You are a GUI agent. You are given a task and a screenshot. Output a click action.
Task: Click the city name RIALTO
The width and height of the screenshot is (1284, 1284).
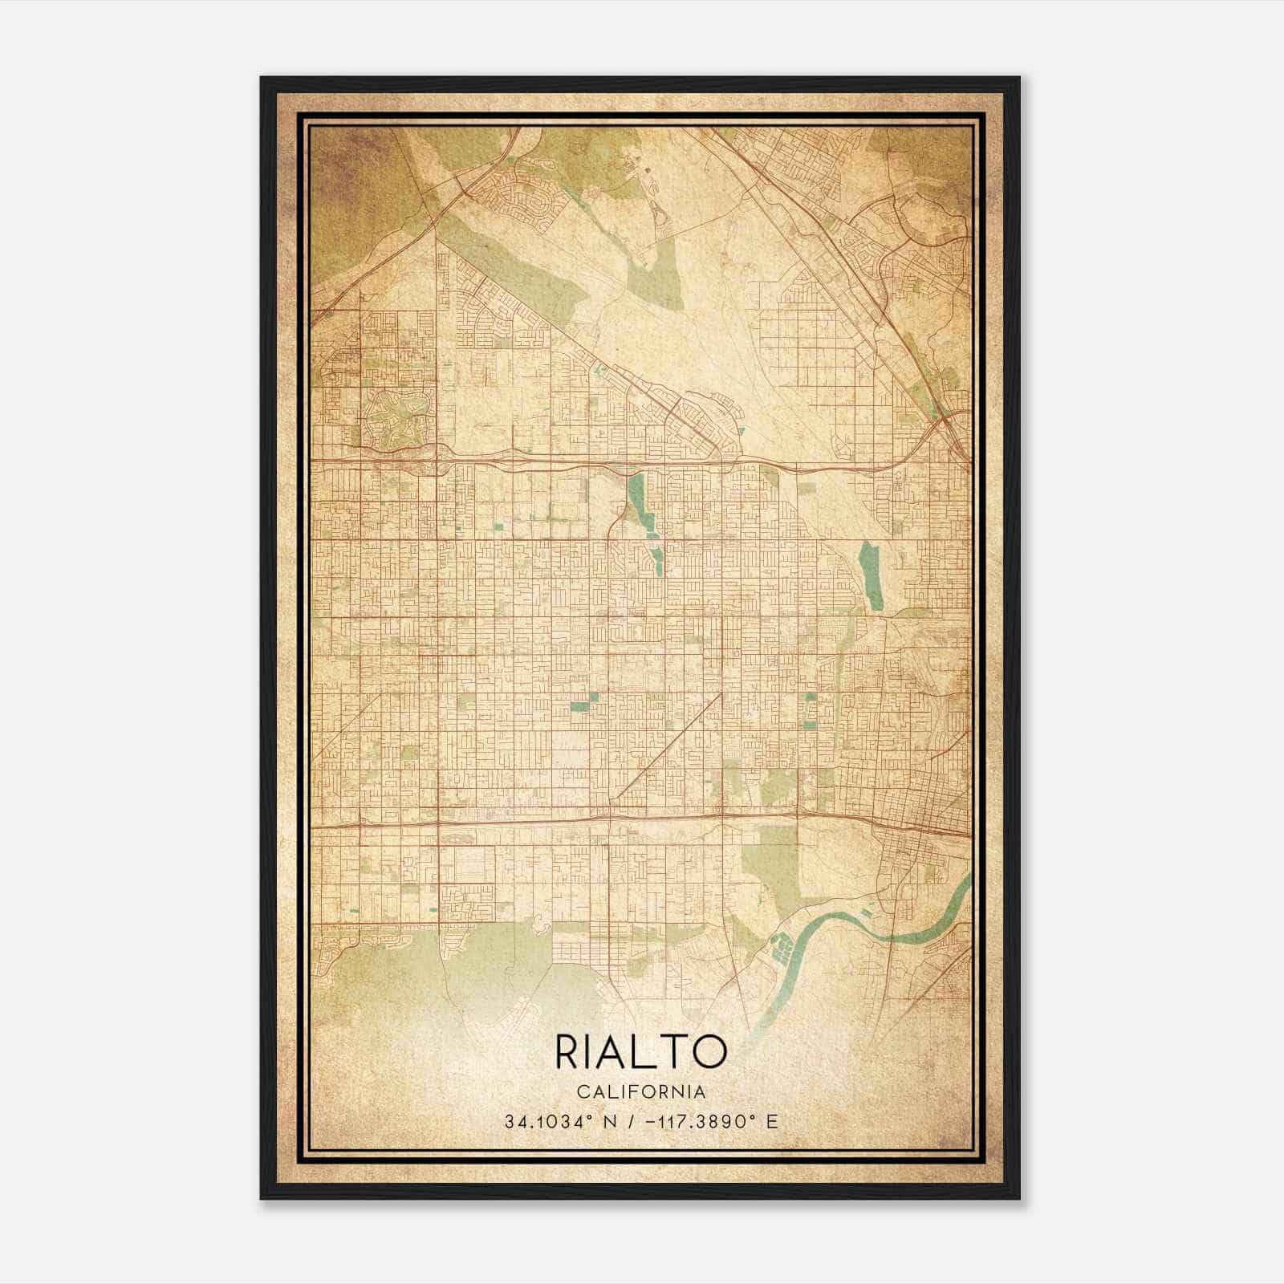coord(640,1052)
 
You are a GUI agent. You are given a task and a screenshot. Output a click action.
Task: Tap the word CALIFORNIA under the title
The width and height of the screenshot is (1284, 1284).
coord(640,1092)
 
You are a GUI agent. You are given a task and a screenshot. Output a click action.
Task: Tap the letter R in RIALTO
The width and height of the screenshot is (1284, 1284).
coord(569,1052)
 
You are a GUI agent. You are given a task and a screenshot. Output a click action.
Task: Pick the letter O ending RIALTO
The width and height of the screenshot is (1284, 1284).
coord(710,1052)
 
